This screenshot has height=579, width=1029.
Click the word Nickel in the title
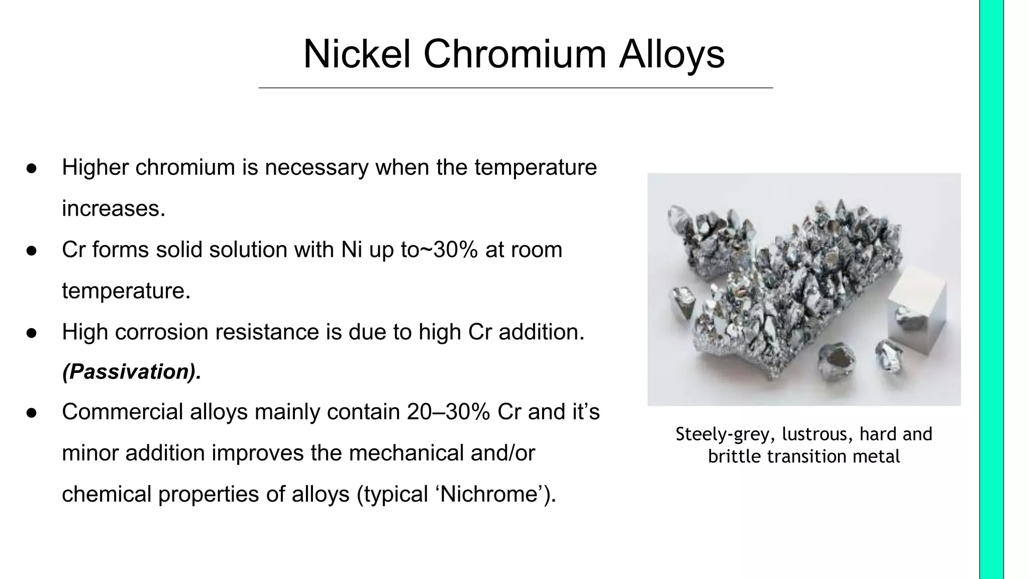357,54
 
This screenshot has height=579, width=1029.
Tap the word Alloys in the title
672,54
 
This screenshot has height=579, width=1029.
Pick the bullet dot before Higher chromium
31,168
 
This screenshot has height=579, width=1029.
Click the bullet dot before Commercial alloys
31,413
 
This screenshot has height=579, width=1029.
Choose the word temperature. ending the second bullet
126,291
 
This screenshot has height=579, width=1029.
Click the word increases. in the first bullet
114,209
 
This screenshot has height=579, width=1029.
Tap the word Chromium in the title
514,54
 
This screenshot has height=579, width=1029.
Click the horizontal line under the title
516,88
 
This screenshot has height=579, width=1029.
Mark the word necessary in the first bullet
317,167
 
